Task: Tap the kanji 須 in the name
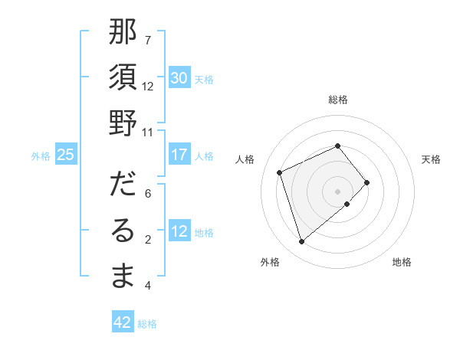pyautogui.click(x=123, y=77)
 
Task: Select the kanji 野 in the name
pyautogui.click(x=123, y=123)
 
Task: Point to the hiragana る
pyautogui.click(x=123, y=230)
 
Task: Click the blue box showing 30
pyautogui.click(x=179, y=78)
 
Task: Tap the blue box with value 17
pyautogui.click(x=179, y=155)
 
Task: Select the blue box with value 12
pyautogui.click(x=179, y=231)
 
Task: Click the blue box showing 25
pyautogui.click(x=66, y=155)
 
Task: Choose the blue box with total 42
pyautogui.click(x=123, y=322)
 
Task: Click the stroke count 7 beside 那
pyautogui.click(x=148, y=40)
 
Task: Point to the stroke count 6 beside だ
pyautogui.click(x=148, y=194)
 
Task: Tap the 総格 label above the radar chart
pyautogui.click(x=338, y=100)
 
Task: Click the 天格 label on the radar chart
pyautogui.click(x=432, y=159)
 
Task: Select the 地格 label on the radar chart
pyautogui.click(x=402, y=262)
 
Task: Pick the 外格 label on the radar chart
pyautogui.click(x=270, y=262)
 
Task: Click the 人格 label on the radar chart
pyautogui.click(x=245, y=159)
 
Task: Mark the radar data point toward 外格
pyautogui.click(x=301, y=242)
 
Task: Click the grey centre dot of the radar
pyautogui.click(x=338, y=191)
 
